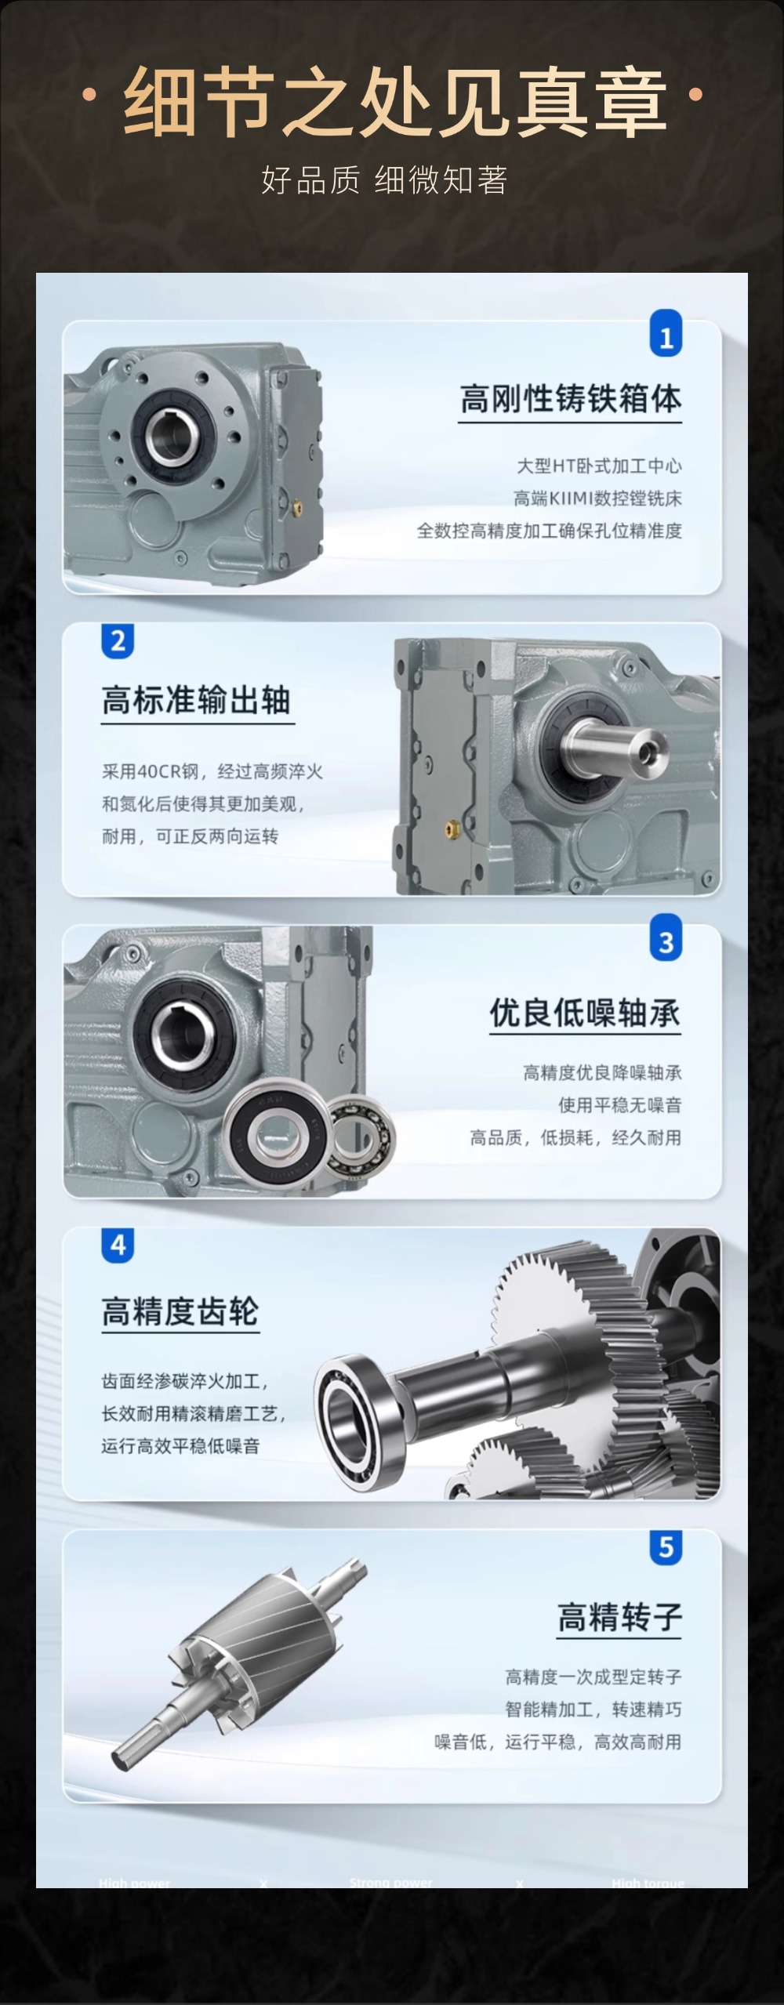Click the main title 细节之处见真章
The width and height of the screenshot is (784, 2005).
point(395,100)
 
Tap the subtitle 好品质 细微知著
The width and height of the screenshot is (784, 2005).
point(384,180)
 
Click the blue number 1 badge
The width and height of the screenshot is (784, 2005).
point(666,335)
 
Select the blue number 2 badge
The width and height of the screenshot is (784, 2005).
point(118,641)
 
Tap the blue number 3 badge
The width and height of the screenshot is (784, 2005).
point(666,941)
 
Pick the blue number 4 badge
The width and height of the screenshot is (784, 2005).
point(118,1245)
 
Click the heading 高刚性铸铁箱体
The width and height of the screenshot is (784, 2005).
point(570,399)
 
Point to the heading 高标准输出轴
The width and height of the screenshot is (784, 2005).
point(197,700)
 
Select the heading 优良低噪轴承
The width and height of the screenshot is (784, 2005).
point(585,1013)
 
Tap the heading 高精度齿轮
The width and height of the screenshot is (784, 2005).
point(180,1311)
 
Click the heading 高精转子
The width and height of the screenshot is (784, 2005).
point(619,1616)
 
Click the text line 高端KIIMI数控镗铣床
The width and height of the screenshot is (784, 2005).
point(597,499)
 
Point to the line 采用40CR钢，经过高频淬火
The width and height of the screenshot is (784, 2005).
point(212,772)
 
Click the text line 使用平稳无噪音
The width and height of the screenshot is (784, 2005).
point(619,1105)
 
